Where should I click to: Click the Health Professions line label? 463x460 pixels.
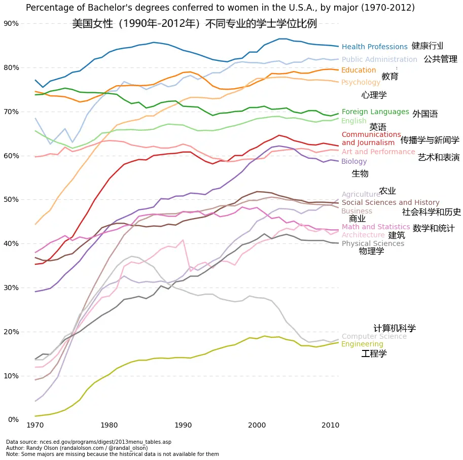tap(374, 47)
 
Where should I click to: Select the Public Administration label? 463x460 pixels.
tap(379, 60)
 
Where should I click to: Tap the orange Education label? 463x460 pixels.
tap(359, 70)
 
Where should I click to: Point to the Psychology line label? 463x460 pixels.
tap(361, 83)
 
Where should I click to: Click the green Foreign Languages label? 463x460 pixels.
tap(375, 112)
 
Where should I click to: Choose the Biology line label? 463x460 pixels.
tap(354, 162)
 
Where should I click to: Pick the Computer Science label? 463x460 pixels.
tap(374, 337)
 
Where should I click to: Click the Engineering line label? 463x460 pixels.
tap(362, 344)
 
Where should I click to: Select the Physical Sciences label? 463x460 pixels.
tap(373, 243)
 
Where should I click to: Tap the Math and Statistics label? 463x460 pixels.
tap(375, 227)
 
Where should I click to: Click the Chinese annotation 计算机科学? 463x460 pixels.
tap(395, 329)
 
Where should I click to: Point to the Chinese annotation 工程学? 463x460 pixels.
tap(374, 353)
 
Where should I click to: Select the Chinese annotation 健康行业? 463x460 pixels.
tap(428, 46)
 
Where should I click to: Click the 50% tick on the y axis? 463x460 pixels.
tap(11, 200)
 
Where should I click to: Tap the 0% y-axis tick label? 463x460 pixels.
tap(13, 419)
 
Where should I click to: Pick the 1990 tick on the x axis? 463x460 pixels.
tap(183, 424)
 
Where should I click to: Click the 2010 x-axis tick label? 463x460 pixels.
tap(331, 424)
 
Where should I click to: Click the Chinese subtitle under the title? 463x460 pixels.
tap(194, 24)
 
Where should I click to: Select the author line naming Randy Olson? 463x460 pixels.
tap(77, 448)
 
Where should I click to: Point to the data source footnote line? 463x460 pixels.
tap(88, 442)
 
